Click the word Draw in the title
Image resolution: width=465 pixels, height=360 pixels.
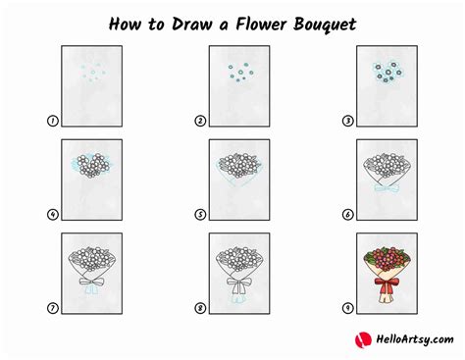192,25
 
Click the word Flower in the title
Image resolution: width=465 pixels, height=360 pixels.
261,24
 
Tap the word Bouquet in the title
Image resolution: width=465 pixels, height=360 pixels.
325,25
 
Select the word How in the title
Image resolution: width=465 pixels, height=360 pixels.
126,25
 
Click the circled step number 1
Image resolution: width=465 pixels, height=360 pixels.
53,121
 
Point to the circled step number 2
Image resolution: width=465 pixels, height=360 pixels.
200,121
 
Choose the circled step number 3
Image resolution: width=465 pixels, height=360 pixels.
347,121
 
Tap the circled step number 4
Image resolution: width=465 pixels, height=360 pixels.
53,215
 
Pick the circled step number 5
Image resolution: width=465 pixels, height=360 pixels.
200,215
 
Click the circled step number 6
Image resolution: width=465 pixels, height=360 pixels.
347,215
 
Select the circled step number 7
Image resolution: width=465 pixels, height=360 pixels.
53,308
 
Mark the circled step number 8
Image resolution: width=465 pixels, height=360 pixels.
200,308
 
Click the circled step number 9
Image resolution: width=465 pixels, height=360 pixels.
347,308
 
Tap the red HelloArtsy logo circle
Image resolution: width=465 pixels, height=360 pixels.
363,339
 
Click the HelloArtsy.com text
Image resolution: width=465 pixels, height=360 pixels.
415,339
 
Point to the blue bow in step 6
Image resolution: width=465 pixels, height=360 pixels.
387,188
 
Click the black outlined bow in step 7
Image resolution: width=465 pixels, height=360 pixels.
92,282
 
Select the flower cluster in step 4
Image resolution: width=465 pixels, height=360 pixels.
93,166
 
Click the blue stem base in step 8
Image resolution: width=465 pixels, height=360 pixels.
239,298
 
